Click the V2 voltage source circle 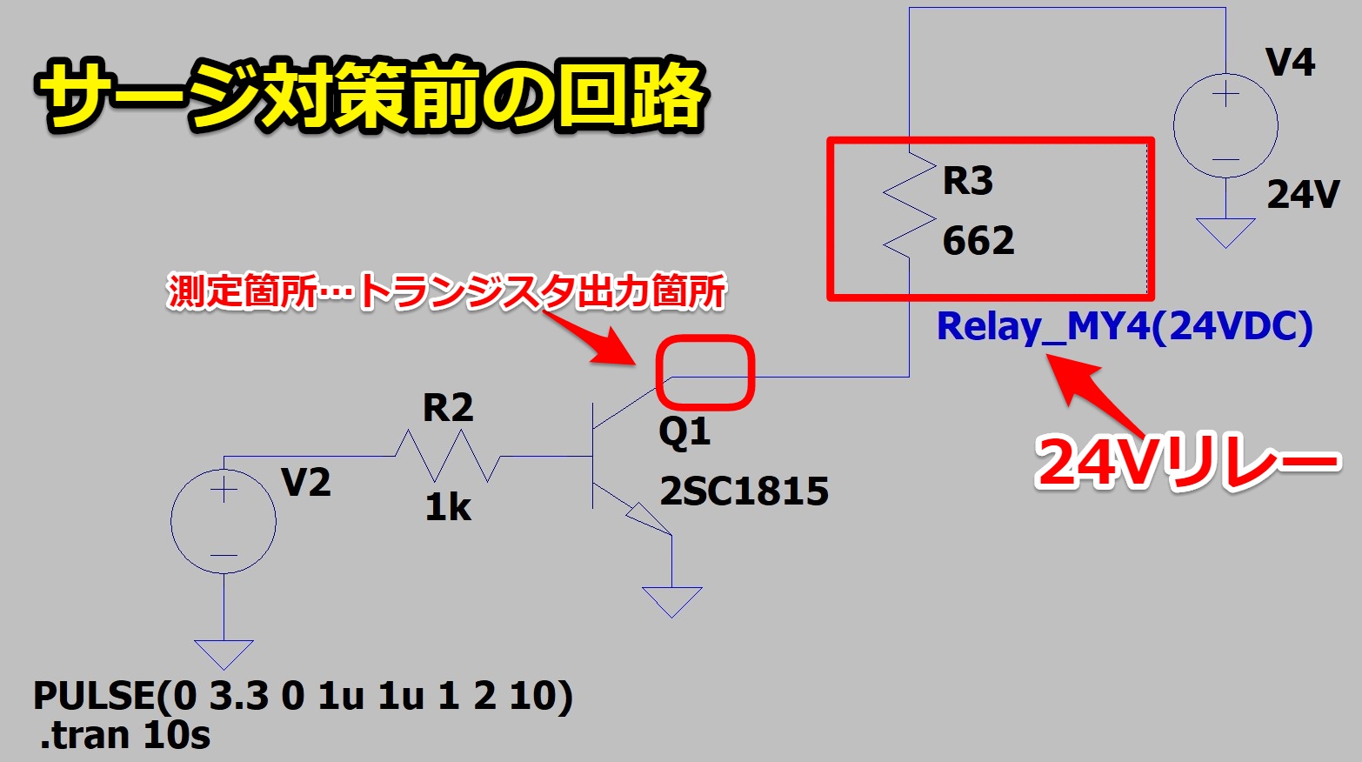click(224, 520)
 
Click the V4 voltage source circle click(1225, 125)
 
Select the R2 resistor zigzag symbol click(447, 457)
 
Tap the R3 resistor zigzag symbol click(908, 207)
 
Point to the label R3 click(967, 181)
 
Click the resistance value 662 click(978, 241)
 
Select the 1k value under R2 click(448, 507)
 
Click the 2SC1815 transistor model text click(744, 491)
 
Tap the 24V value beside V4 click(1303, 195)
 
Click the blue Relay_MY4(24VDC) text click(1124, 327)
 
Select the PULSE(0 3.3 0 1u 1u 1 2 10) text click(303, 696)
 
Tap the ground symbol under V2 click(224, 653)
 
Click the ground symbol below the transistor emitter click(671, 601)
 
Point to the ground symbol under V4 click(1225, 231)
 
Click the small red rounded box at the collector click(704, 373)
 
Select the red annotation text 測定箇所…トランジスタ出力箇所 click(446, 292)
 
